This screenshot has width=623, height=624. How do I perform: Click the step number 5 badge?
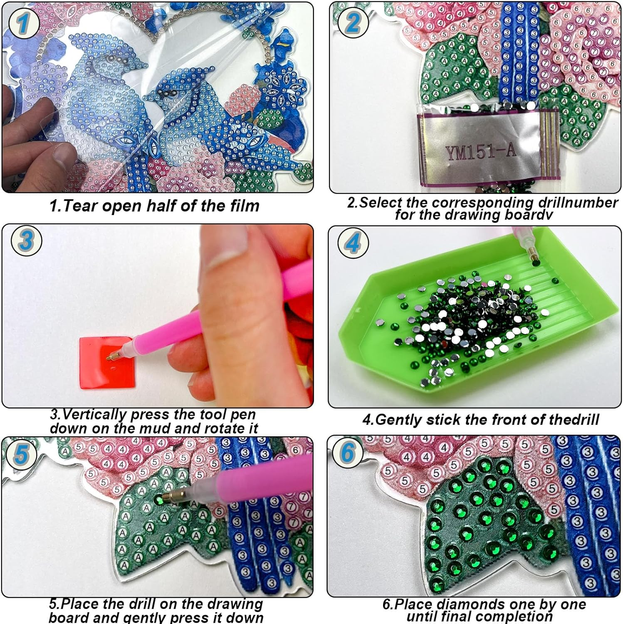(21, 453)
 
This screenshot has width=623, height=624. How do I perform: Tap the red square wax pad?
(107, 362)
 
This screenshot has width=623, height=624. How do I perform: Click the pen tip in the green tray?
(533, 258)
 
